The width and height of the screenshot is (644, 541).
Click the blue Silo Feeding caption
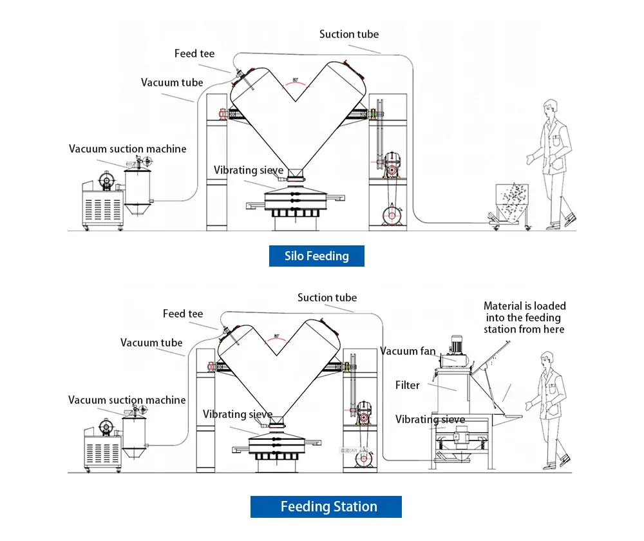tap(316, 256)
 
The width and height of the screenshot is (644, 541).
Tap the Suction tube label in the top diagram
tap(349, 34)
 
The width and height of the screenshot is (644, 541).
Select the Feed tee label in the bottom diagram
tap(183, 314)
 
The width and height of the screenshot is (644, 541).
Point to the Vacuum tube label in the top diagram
tap(172, 82)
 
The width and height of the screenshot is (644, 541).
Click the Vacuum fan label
tap(408, 351)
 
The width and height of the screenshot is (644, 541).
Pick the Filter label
tap(407, 385)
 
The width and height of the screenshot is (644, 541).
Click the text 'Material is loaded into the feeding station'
tap(524, 318)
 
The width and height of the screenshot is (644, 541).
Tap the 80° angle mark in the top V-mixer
tap(296, 81)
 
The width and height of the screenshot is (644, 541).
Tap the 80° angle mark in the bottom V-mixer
tap(277, 336)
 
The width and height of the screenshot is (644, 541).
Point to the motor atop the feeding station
tap(459, 345)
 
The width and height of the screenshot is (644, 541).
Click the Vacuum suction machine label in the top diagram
tap(128, 149)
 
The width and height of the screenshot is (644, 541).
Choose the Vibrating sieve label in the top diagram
tap(249, 170)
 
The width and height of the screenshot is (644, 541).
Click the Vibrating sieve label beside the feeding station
tap(430, 419)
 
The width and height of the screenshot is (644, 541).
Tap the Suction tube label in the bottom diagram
tap(327, 298)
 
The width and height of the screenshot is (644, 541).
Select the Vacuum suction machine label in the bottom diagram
tap(127, 400)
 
